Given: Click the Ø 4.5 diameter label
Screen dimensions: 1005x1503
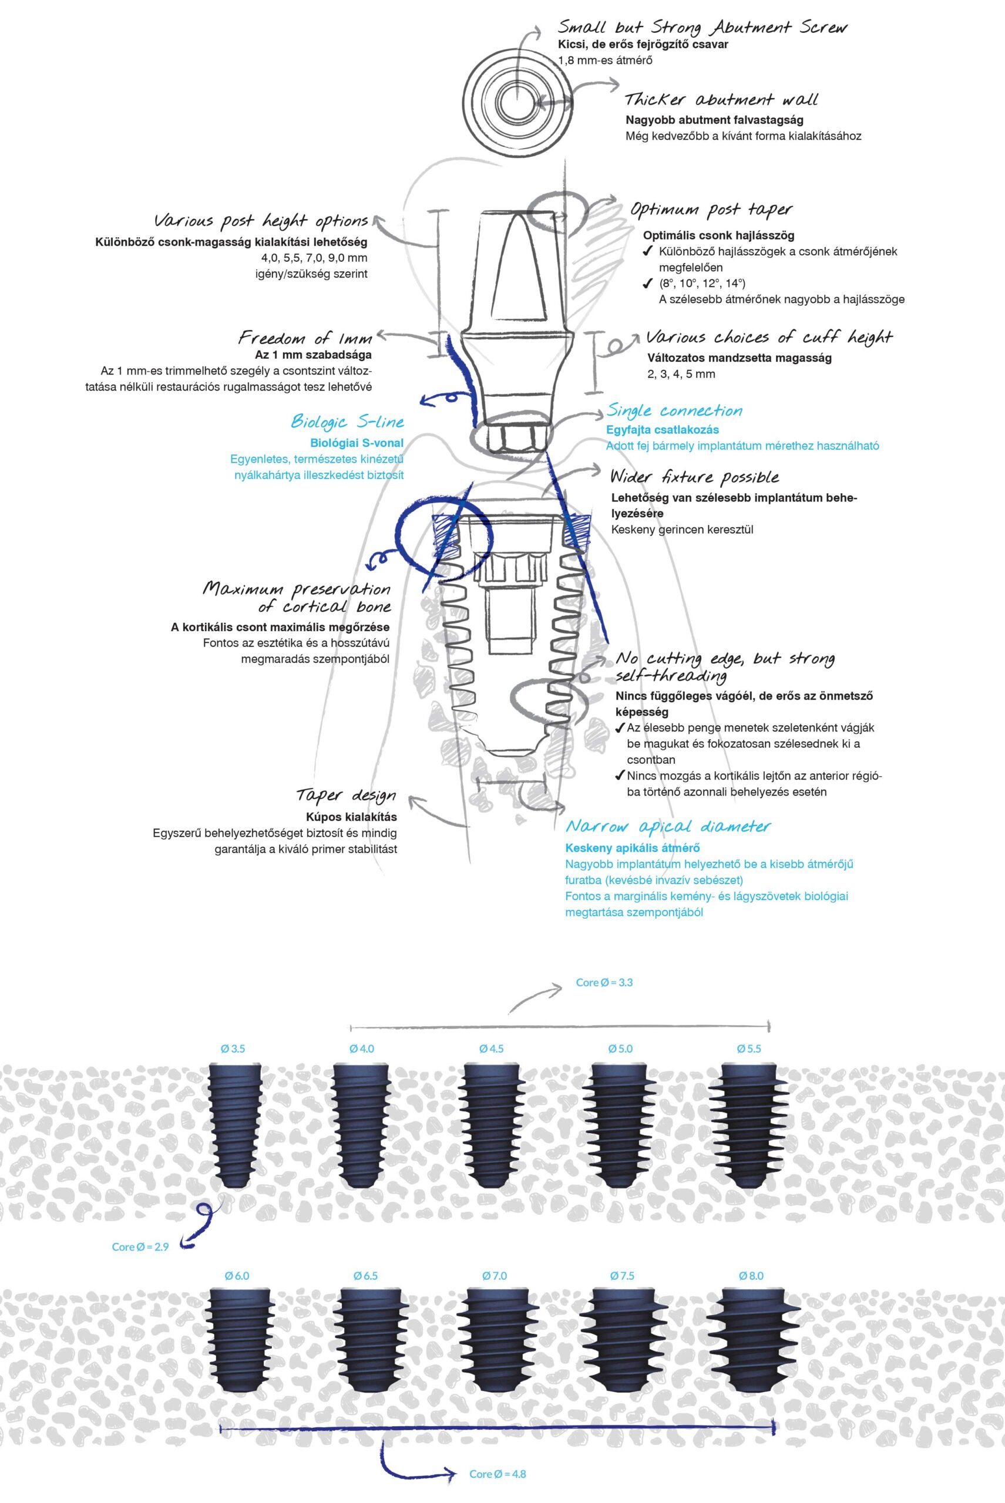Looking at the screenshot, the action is [492, 1049].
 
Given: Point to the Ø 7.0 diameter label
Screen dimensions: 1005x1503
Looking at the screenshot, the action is [493, 1276].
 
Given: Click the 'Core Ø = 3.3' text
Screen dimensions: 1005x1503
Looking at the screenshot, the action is [604, 982].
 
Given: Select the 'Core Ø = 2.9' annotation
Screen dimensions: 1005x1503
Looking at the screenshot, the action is [140, 1247].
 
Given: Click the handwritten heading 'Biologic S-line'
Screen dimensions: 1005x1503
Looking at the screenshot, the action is [347, 422].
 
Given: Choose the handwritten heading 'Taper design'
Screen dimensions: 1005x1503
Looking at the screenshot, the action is [347, 796].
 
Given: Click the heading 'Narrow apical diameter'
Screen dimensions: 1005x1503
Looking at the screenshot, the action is [668, 827].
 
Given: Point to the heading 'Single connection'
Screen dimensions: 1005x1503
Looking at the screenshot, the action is [674, 410].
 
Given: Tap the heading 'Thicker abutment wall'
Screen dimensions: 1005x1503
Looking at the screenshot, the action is [722, 100].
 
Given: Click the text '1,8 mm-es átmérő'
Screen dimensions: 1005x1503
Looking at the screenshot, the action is [606, 61].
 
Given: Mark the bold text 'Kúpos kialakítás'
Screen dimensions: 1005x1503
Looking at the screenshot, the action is [351, 817].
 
